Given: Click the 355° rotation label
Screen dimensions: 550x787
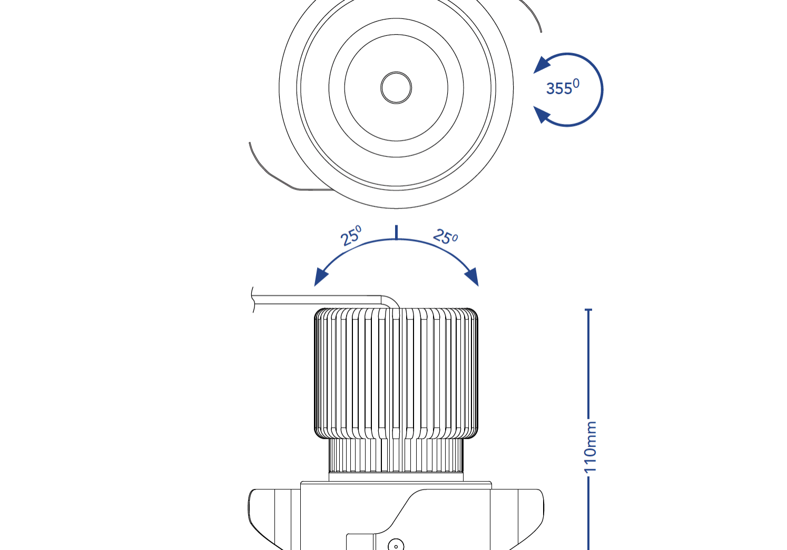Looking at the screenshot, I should (562, 88).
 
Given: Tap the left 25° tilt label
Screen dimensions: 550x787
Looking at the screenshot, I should (351, 236).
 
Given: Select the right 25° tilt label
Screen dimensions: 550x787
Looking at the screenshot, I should (446, 237).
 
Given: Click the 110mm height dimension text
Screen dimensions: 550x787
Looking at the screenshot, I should (591, 446).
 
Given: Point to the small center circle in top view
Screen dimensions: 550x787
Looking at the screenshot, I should (396, 87).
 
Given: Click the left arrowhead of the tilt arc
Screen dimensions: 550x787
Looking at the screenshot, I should (320, 276).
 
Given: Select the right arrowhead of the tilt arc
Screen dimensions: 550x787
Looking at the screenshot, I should (472, 276).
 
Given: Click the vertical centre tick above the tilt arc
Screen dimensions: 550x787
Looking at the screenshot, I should (396, 232).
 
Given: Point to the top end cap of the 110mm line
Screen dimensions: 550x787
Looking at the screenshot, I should (588, 310).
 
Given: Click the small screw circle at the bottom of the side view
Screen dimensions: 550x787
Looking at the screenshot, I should (396, 545).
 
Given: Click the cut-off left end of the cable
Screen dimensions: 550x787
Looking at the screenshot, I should (253, 300).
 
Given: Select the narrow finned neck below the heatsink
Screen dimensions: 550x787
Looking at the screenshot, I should (396, 456).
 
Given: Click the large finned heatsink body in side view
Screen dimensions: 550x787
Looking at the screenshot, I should (396, 374).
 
